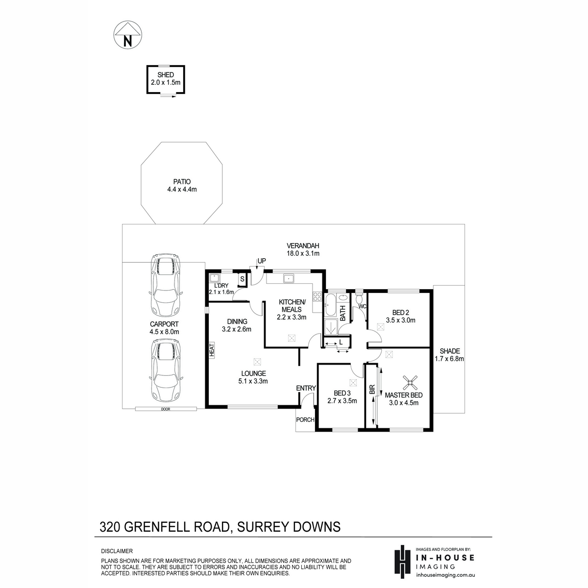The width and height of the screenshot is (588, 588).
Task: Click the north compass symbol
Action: pos(127,35)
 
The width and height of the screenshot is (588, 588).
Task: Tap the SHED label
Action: pos(166,75)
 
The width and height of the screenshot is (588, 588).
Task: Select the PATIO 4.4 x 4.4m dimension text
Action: pos(182,189)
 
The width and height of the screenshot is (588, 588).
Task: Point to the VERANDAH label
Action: pos(303,245)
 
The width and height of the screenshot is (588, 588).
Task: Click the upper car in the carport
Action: pos(166,286)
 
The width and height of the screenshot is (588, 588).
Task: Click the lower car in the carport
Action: pos(166,372)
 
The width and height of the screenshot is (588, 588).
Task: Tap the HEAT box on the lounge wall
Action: pos(212,350)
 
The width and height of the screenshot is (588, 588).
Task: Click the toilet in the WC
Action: pos(359,297)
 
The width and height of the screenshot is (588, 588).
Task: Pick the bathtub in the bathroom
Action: pos(330,306)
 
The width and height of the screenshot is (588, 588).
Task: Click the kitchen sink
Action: pos(288,279)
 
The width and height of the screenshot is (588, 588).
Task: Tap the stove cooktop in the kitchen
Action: pos(318,296)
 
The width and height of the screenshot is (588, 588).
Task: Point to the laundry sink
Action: pos(215,278)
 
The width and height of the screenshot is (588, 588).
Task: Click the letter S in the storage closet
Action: pos(242,279)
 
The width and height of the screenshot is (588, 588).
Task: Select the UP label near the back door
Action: pos(262,261)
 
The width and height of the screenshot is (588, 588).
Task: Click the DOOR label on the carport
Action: pos(166,409)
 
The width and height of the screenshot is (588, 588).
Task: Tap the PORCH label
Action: pos(305,420)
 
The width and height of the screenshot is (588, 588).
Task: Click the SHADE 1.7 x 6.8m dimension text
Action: pos(449,359)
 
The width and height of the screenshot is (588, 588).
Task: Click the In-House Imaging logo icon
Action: pos(403,562)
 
